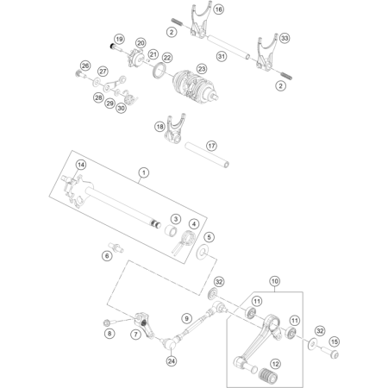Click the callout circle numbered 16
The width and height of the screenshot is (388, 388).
tap(218, 9)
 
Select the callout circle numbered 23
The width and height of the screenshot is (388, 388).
tap(202, 69)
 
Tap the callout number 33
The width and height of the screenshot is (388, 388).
tap(285, 38)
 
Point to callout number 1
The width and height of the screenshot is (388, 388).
tap(144, 172)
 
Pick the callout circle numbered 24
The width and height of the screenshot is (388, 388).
tap(172, 361)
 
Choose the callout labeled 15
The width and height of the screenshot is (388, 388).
tap(334, 341)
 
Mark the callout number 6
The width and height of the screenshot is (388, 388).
tap(107, 256)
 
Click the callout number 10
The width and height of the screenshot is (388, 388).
tap(274, 281)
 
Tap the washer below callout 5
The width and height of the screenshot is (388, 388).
tap(203, 253)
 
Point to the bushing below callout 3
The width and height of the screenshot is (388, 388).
tap(171, 231)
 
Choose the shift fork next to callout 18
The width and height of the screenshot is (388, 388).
tap(173, 130)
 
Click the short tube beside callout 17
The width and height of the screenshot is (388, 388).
tap(207, 155)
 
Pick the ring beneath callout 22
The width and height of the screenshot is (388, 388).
tap(160, 72)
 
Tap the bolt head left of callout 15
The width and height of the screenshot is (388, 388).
tap(329, 353)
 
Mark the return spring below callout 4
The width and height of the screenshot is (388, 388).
tap(184, 241)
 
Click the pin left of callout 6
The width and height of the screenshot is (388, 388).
tap(116, 247)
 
